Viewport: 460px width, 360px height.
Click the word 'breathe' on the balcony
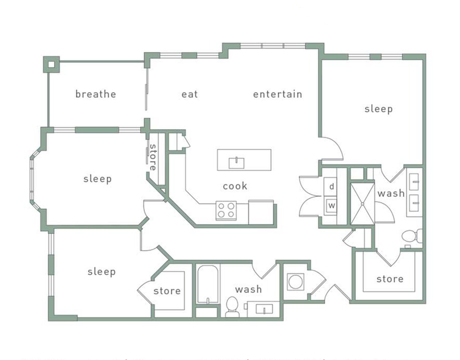point(95,94)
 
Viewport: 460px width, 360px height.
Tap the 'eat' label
point(189,94)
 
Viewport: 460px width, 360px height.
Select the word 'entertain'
point(277,94)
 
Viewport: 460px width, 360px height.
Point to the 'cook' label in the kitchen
point(235,186)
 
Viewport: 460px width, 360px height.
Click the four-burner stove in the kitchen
point(226,210)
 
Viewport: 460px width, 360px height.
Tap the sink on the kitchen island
point(237,162)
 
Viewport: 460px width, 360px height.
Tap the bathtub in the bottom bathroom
point(208,285)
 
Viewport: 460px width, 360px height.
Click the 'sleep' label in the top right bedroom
point(378,109)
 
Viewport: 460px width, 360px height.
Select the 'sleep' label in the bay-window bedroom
point(98,179)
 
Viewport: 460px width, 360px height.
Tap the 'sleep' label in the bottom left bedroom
point(101,272)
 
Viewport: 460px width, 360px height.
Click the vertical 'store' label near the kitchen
point(153,157)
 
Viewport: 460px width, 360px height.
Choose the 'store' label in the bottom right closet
point(390,279)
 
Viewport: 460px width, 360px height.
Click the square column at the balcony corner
point(51,64)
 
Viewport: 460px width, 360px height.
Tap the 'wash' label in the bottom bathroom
point(248,290)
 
